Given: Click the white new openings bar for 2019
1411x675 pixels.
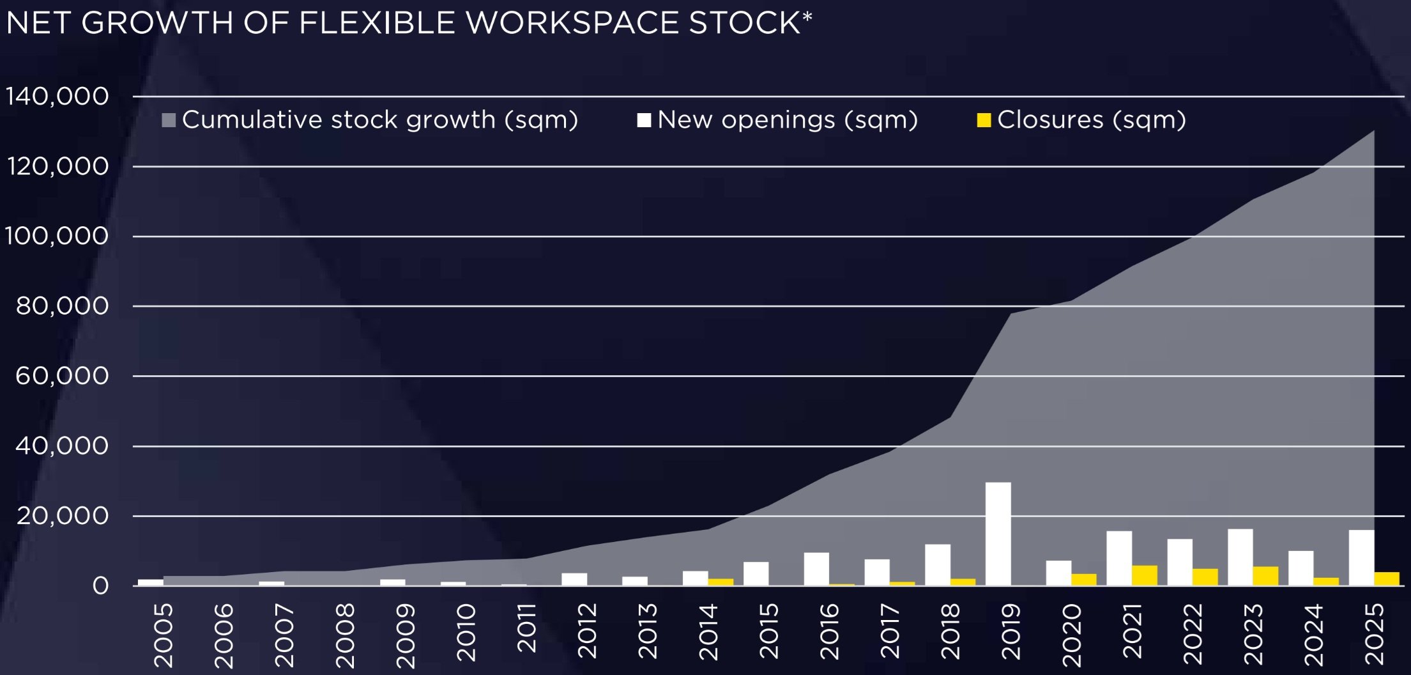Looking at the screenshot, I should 998,534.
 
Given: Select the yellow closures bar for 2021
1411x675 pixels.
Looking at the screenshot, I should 1144,575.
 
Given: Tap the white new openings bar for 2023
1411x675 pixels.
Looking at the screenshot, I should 1240,557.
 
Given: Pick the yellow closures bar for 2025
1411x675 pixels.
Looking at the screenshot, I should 1387,578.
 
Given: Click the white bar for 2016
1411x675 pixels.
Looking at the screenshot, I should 816,569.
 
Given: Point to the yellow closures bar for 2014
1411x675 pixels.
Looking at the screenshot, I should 721,582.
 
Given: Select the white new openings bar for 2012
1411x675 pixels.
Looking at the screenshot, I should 574,579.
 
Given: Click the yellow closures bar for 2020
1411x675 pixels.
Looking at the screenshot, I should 1084,579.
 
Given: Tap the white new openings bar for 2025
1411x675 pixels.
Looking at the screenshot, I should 1361,557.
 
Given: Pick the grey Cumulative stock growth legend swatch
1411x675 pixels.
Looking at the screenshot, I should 169,120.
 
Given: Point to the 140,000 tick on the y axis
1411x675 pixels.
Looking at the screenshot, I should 57,97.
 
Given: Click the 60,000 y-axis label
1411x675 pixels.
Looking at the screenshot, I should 62,376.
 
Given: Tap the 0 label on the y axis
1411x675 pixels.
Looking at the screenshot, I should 100,586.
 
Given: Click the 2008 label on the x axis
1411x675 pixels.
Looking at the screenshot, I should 345,635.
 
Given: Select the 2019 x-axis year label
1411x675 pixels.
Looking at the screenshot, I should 1011,632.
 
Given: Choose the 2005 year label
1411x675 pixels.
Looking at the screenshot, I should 164,635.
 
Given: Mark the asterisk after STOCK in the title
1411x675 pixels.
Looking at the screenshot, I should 807,16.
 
